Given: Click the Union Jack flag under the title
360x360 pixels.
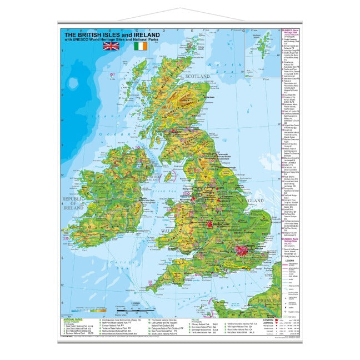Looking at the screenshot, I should [x=111, y=47].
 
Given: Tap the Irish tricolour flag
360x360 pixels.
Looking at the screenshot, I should [x=141, y=47].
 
